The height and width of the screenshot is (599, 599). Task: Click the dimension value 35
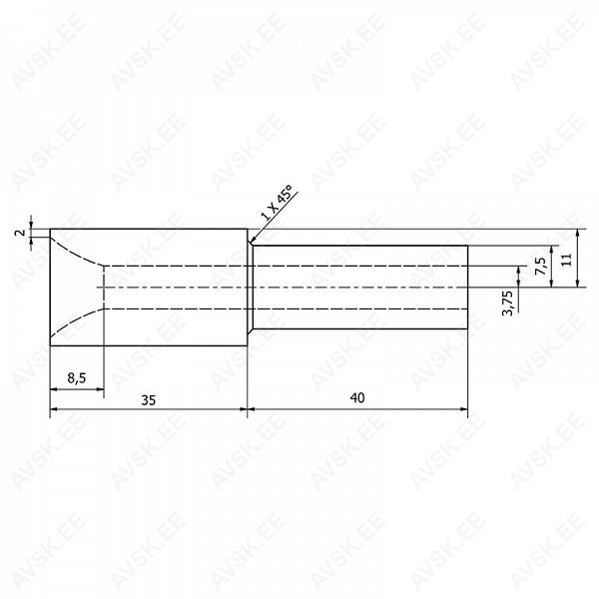click(x=149, y=400)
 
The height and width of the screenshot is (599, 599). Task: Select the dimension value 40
click(x=357, y=397)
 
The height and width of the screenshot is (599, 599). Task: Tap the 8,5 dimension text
click(x=77, y=378)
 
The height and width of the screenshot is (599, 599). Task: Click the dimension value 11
click(x=567, y=260)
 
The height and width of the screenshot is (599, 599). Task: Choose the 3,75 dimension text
click(x=508, y=302)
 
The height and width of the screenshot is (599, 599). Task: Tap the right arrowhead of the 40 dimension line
click(x=464, y=409)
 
